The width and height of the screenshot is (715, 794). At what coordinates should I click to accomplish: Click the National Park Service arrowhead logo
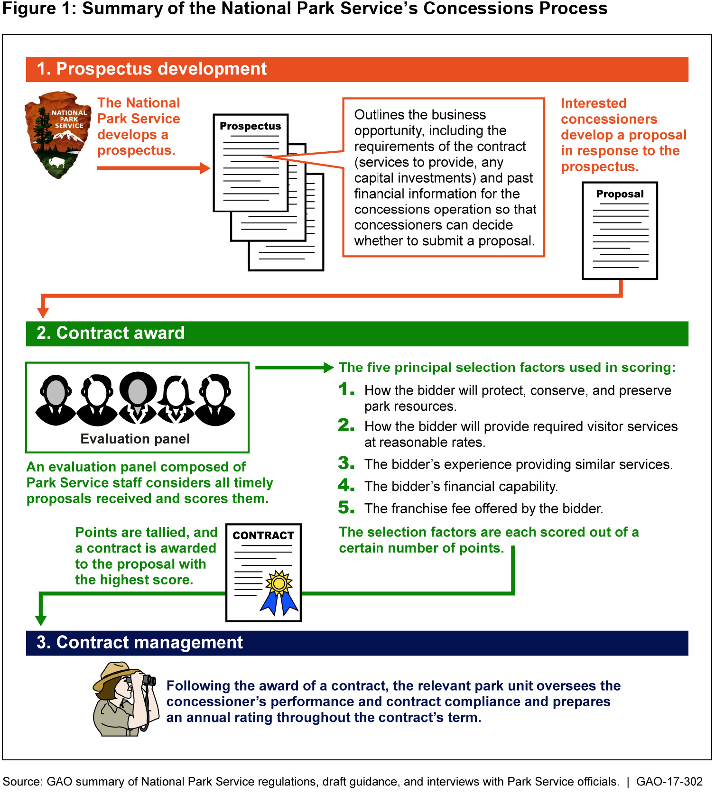pos(57,135)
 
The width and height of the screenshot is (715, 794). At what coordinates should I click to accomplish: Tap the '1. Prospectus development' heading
pos(152,69)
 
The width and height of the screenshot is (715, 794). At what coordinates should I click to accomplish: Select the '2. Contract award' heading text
pos(111,333)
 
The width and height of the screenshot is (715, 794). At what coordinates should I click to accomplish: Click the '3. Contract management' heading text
pos(140,643)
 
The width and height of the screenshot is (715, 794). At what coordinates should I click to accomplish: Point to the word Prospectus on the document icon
pos(251,126)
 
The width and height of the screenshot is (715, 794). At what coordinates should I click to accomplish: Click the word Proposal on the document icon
pos(620,194)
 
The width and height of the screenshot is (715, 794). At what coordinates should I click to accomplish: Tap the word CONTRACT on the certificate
pos(263,535)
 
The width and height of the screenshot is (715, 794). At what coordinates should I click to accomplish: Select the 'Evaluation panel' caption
pos(135,439)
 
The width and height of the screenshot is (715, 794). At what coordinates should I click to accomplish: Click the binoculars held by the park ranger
pos(147,680)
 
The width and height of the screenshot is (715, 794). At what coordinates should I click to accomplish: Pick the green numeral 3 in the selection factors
pos(346,463)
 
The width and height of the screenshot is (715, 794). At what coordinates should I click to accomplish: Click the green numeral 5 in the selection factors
pos(346,508)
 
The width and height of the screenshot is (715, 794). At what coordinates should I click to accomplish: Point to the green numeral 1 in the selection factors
pos(346,390)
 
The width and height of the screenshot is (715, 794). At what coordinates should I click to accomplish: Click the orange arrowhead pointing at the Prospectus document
pos(205,168)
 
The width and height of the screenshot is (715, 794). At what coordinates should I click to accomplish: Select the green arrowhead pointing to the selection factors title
pos(328,368)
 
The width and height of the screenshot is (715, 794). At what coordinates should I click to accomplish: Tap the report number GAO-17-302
pos(669,782)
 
